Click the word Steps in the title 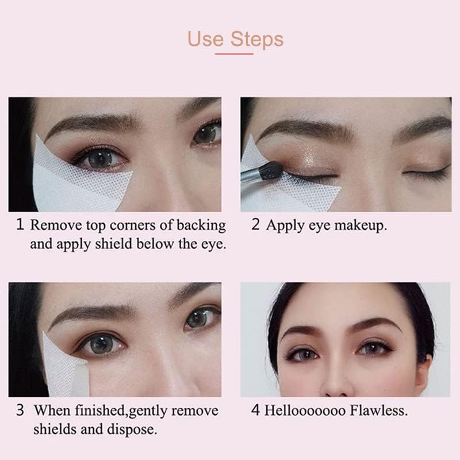pyautogui.click(x=258, y=40)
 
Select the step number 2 pyautogui.click(x=256, y=224)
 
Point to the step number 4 pyautogui.click(x=256, y=411)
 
